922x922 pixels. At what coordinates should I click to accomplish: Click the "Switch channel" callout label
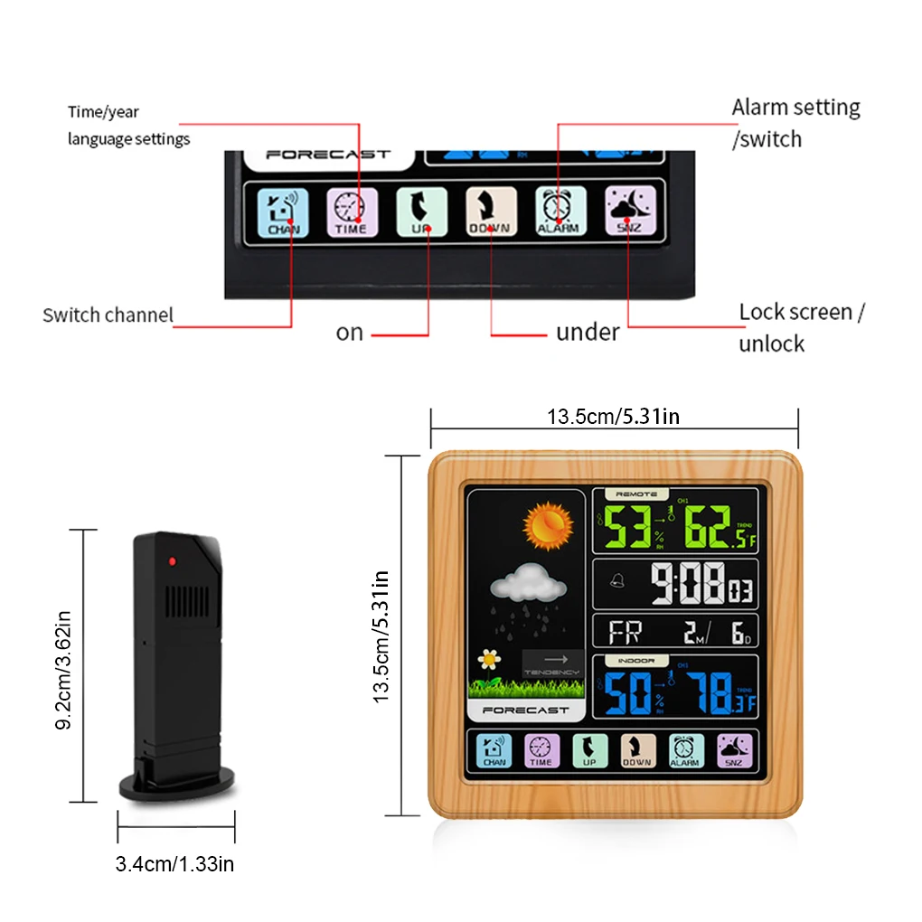(108, 315)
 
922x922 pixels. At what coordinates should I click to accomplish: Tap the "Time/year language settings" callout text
(128, 126)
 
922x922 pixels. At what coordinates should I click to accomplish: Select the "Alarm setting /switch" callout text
(795, 123)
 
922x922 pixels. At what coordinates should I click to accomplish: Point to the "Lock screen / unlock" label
(802, 327)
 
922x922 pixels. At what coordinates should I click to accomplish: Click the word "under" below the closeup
(588, 333)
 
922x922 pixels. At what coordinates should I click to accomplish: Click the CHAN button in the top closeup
(283, 212)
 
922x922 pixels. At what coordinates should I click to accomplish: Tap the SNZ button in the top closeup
(629, 212)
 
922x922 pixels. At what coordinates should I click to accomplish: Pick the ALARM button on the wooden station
(685, 750)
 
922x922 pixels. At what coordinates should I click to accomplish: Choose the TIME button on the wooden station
(541, 750)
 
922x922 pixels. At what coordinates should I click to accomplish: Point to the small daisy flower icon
(490, 661)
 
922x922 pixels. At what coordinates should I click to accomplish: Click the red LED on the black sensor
(171, 561)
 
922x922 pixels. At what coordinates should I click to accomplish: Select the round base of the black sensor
(176, 783)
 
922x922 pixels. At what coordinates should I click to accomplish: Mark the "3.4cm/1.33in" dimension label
(174, 864)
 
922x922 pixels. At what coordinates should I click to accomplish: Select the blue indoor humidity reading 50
(628, 693)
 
